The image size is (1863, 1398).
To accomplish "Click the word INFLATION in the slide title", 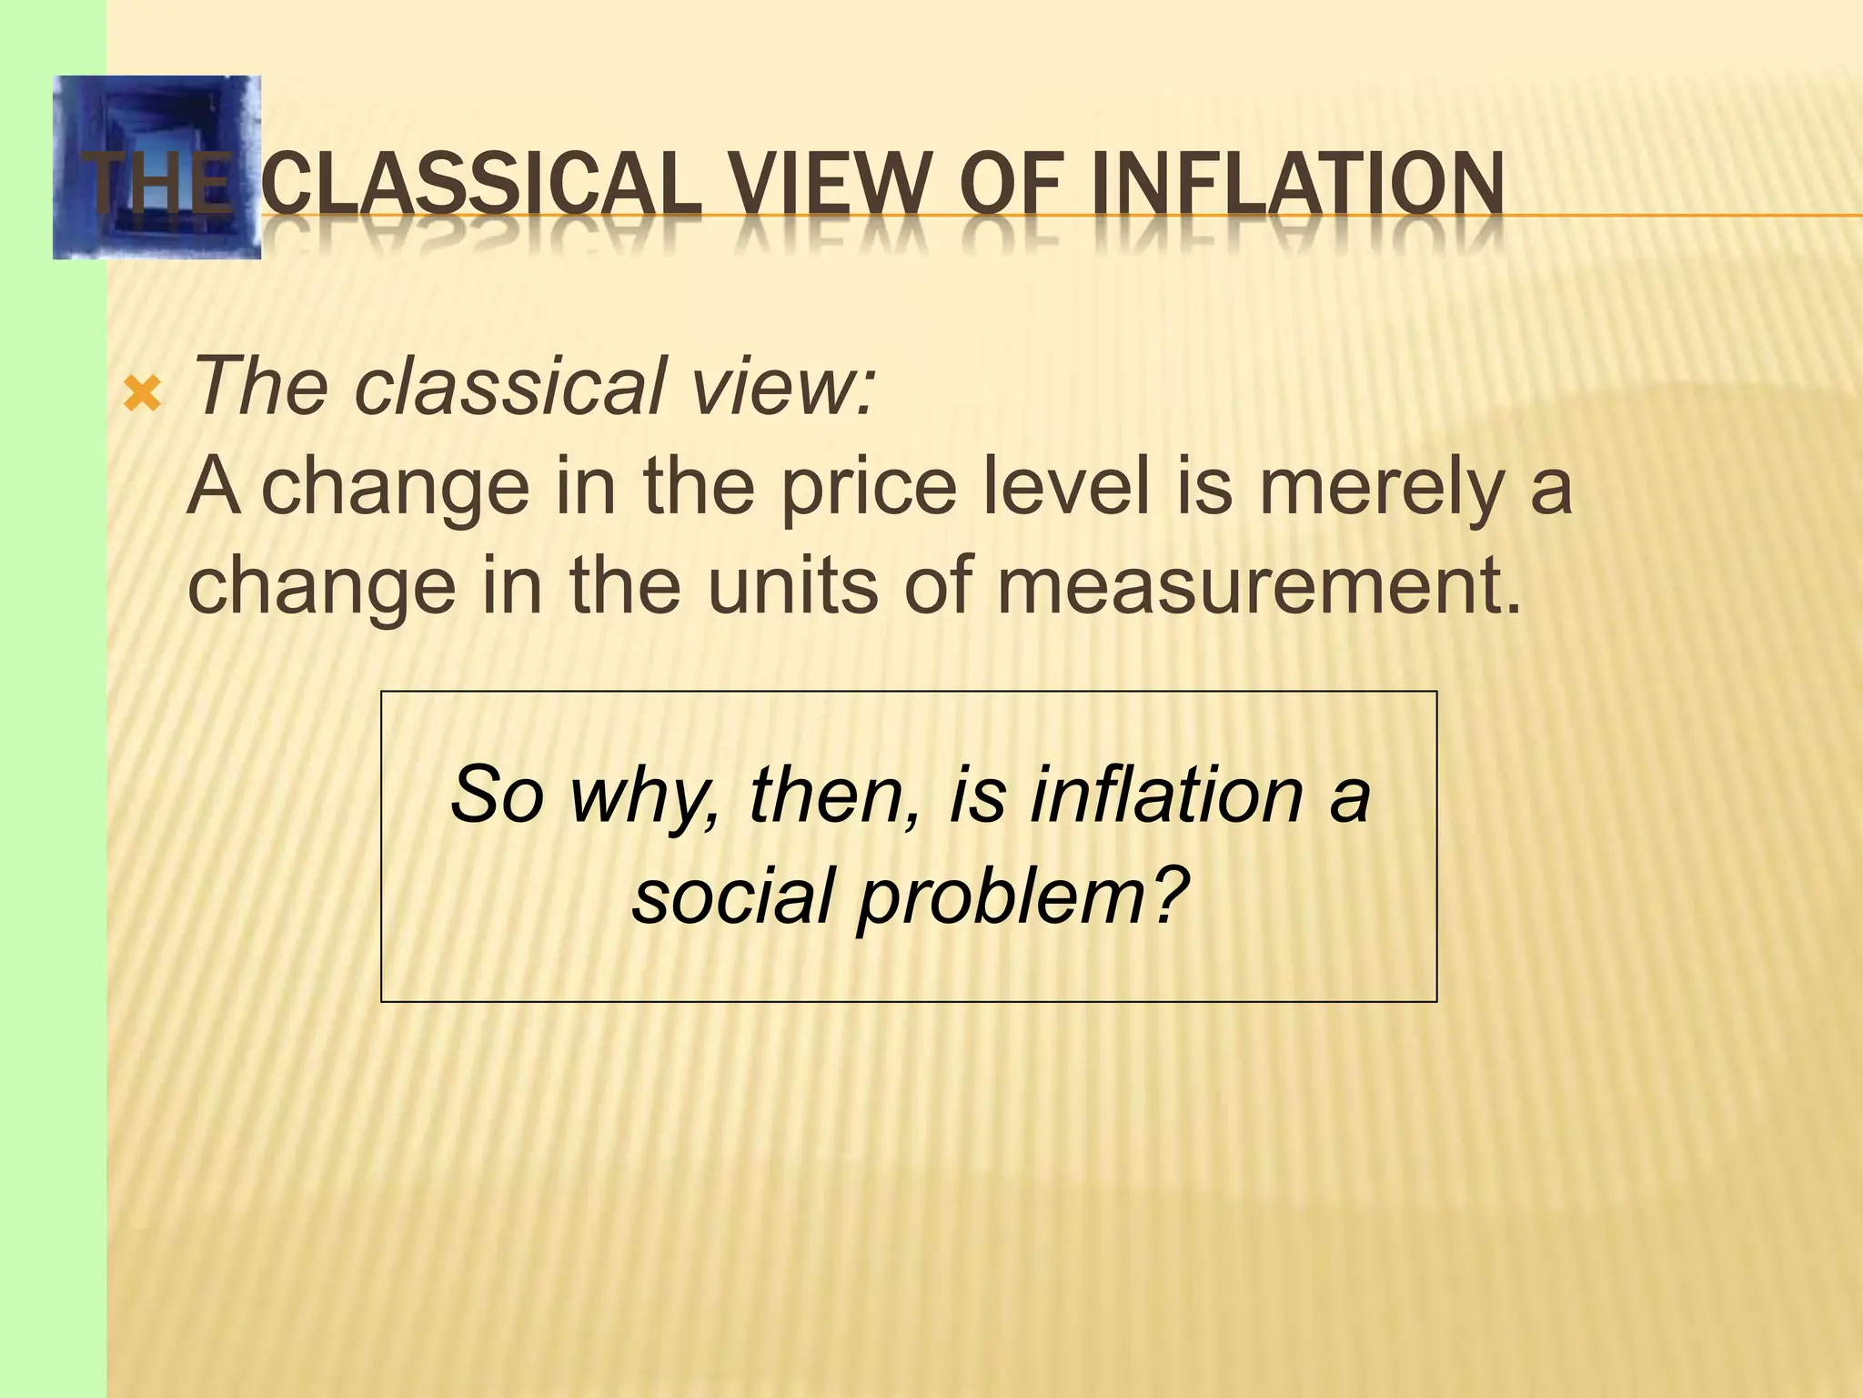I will [x=1296, y=186].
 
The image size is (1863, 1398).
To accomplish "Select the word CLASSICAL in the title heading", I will [x=480, y=186].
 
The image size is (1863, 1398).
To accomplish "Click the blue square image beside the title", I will [x=156, y=167].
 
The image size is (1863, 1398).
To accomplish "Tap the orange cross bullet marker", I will [x=142, y=393].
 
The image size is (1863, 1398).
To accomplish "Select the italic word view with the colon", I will [x=782, y=386].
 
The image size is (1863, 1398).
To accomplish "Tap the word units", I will [x=792, y=584].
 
